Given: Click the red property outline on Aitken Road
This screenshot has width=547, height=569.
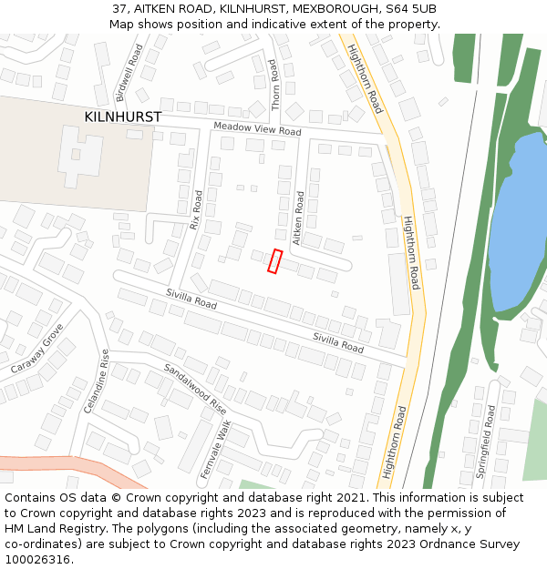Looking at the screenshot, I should point(274,261).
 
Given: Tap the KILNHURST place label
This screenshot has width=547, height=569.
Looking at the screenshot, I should point(122,117).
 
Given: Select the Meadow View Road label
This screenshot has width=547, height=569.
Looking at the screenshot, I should point(257,129).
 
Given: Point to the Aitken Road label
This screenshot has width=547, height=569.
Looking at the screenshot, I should point(298,218).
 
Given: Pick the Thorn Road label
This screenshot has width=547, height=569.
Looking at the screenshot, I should point(274,85).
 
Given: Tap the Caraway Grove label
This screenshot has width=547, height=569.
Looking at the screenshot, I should point(37,351).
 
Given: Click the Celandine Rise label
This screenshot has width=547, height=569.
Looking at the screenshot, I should point(96,381).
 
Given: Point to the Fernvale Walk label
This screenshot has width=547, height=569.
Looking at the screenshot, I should point(215,448).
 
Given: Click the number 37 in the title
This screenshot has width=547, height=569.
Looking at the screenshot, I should point(119,8).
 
